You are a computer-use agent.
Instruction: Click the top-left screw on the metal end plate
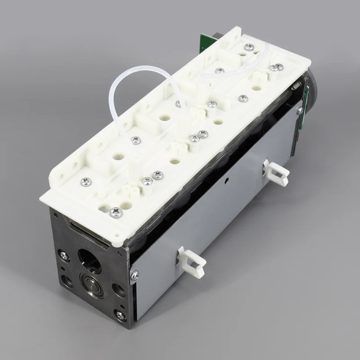coord(64,255)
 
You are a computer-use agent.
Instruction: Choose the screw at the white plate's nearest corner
coord(116,210)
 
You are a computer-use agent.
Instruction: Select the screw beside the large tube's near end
coord(135,140)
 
